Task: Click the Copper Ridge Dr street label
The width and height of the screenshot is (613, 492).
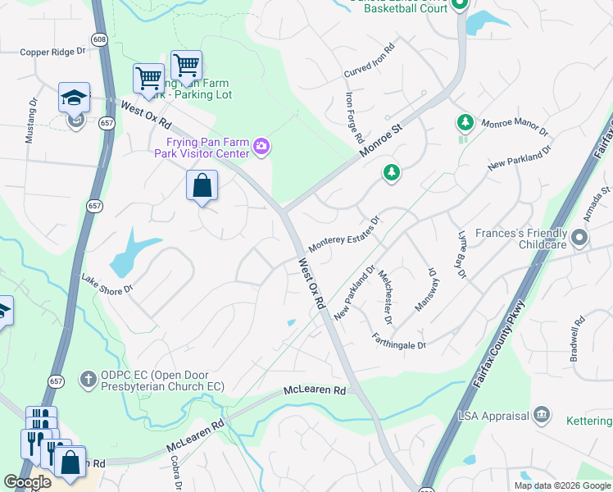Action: [x=52, y=52]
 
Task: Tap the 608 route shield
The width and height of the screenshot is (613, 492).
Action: [x=99, y=39]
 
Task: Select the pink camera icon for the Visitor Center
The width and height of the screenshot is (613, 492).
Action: [x=261, y=147]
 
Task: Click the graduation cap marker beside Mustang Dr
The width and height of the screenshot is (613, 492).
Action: [x=74, y=97]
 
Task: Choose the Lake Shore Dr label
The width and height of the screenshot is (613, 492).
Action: [x=106, y=285]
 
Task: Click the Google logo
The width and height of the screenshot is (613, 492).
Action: [x=27, y=482]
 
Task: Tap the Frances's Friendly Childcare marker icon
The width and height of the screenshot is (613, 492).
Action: [x=580, y=239]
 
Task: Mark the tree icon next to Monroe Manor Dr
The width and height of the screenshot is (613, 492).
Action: [x=465, y=123]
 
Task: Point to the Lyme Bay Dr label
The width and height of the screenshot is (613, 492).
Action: [x=461, y=256]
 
